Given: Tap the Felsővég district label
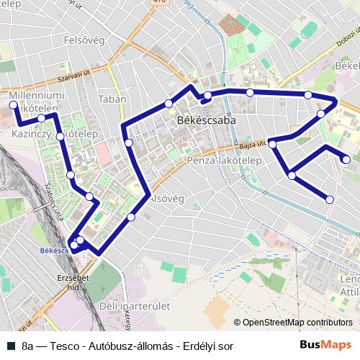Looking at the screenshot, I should [86, 42].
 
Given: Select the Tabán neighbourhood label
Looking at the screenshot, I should [112, 99].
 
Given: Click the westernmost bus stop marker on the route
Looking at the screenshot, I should [13, 105].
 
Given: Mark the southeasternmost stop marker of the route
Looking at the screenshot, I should [330, 199].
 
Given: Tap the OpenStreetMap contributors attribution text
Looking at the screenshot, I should [297, 322].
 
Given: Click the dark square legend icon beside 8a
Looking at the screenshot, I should [10, 346].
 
